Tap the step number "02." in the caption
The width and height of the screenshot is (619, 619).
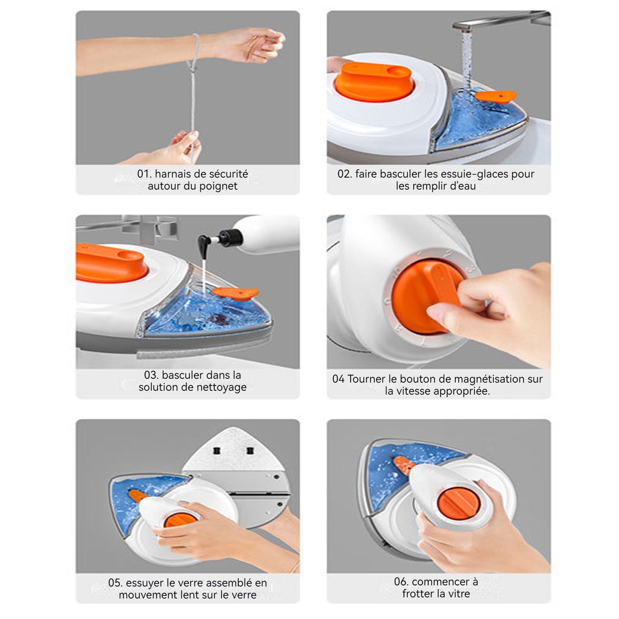tap(345, 174)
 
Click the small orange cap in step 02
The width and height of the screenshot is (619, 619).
tap(496, 97)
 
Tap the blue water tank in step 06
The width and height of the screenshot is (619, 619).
tap(402, 474)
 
